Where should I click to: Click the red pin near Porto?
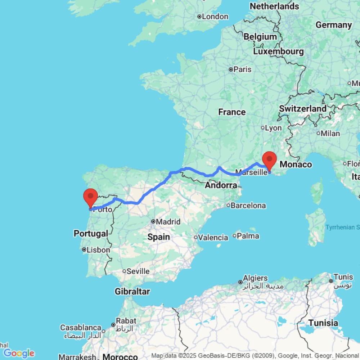[x=90, y=197]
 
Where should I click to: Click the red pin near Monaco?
[x=270, y=159]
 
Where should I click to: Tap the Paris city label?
[x=242, y=69]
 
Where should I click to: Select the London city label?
[x=215, y=17]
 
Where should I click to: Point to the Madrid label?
[x=168, y=222]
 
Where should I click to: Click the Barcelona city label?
[x=248, y=206]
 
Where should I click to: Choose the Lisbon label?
[x=98, y=249]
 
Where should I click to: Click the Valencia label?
[x=213, y=237]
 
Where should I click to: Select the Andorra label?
[x=221, y=186]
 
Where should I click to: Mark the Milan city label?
[x=330, y=133]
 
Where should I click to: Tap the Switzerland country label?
[x=303, y=108]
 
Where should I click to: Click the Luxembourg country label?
[x=278, y=51]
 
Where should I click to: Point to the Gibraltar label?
[x=132, y=291]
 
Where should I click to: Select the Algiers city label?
[x=255, y=278]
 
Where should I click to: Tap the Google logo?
[x=19, y=353]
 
